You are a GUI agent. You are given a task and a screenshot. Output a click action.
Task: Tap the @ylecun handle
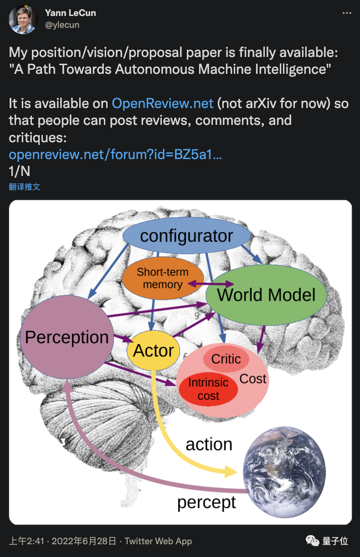click(x=62, y=25)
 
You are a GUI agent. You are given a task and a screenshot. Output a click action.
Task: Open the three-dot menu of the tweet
click(x=347, y=13)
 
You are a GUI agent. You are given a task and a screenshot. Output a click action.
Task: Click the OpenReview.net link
click(x=163, y=103)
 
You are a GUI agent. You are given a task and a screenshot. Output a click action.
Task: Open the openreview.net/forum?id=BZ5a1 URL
click(x=115, y=155)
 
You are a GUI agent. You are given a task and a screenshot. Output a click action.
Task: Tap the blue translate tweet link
click(x=25, y=187)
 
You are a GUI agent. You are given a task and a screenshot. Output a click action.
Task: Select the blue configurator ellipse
click(x=186, y=236)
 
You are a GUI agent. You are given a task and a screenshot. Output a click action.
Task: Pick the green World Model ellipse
click(x=267, y=294)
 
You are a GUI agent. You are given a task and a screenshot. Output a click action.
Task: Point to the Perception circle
click(x=67, y=337)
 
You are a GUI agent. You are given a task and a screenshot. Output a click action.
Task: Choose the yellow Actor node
click(x=154, y=351)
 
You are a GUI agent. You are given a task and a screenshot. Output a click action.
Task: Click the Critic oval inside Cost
click(x=226, y=359)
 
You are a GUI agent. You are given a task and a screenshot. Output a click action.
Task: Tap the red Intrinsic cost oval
click(x=208, y=389)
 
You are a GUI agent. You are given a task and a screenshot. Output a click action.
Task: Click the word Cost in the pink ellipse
click(x=253, y=378)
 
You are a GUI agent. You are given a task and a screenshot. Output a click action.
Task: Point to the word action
click(x=209, y=444)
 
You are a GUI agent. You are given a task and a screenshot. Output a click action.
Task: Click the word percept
click(x=206, y=502)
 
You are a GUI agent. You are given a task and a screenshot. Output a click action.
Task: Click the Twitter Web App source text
click(x=158, y=541)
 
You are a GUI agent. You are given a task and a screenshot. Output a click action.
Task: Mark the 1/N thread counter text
click(x=19, y=171)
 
